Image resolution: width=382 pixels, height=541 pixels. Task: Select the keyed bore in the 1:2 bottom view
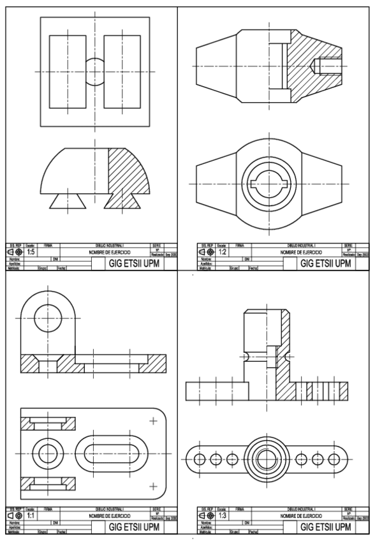269,184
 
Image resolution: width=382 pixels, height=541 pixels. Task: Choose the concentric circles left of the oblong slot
47,454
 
